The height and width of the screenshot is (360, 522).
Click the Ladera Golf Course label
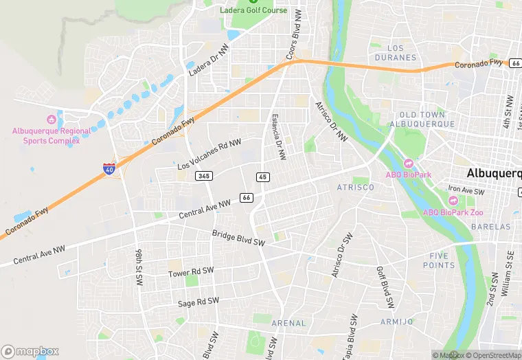click(253, 10)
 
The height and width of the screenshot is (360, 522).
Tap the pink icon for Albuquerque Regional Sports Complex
click(51, 120)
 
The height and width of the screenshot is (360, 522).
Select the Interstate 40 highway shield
click(109, 168)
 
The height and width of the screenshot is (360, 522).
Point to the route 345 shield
click(203, 177)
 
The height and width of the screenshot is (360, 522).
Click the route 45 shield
click(262, 177)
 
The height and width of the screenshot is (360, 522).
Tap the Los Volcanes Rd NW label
click(209, 155)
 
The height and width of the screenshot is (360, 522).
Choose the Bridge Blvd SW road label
click(238, 238)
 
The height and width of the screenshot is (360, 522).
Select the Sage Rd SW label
click(198, 302)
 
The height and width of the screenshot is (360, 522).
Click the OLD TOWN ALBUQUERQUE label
click(422, 119)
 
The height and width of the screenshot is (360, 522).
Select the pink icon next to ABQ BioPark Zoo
click(453, 200)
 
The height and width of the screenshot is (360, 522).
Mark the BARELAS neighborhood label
click(491, 226)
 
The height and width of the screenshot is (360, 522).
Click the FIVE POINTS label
click(438, 260)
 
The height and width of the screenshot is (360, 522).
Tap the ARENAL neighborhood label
click(288, 322)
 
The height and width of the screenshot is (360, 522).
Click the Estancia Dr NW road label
click(277, 137)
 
